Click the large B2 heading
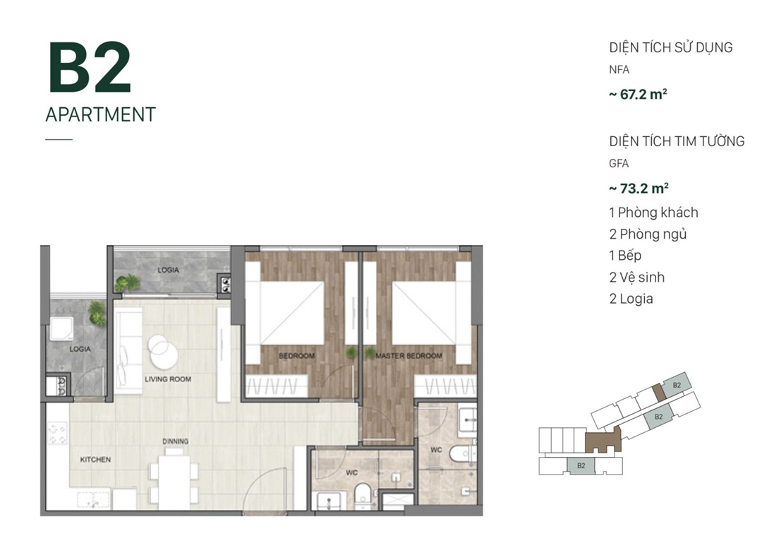click(x=90, y=67)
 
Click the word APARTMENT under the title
click(x=101, y=114)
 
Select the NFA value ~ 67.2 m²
click(x=638, y=94)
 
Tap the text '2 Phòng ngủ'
click(x=648, y=234)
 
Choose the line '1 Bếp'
click(x=625, y=255)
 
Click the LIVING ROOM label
click(x=168, y=379)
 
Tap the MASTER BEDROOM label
click(x=409, y=356)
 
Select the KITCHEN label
click(x=95, y=460)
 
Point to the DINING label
click(x=176, y=441)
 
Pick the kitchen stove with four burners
click(x=57, y=434)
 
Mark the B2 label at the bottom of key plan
click(x=581, y=465)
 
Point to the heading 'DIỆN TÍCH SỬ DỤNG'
click(x=671, y=47)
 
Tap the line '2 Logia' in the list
click(x=631, y=299)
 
